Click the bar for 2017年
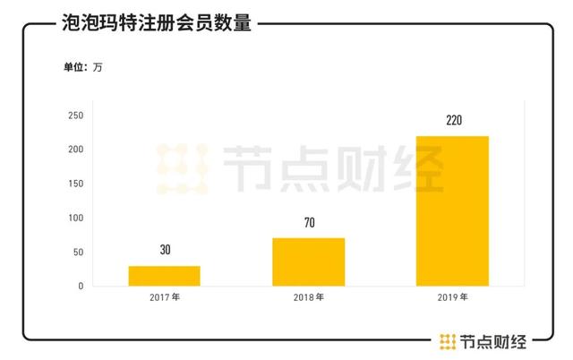(x=164, y=276)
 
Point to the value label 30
(x=165, y=251)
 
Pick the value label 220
(x=453, y=120)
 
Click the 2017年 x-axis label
(x=165, y=296)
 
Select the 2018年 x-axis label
(x=309, y=296)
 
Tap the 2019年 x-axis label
(x=453, y=296)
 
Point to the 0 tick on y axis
(x=81, y=286)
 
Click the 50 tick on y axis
(x=78, y=252)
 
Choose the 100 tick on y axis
(x=76, y=218)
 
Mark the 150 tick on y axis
(x=76, y=184)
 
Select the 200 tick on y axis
(x=76, y=150)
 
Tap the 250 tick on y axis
(x=76, y=116)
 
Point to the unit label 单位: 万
(x=82, y=68)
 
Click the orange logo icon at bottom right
(x=448, y=340)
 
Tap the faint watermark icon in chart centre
(x=183, y=168)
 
